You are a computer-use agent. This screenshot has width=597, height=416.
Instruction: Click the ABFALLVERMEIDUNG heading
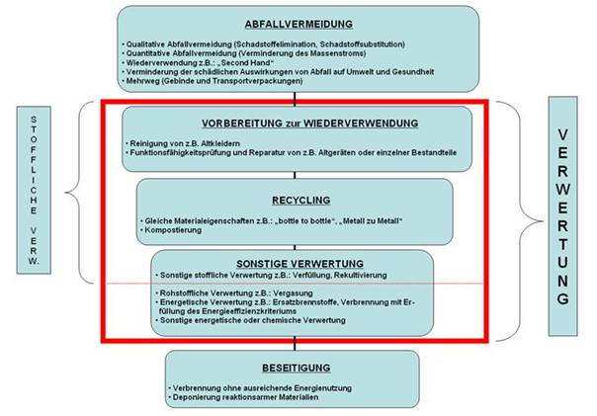(x=298, y=24)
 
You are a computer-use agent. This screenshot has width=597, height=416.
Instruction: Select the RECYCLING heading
(x=294, y=196)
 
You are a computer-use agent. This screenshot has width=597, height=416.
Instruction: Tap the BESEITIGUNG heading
(x=293, y=364)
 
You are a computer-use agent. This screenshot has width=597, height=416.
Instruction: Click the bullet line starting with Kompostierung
(x=179, y=227)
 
